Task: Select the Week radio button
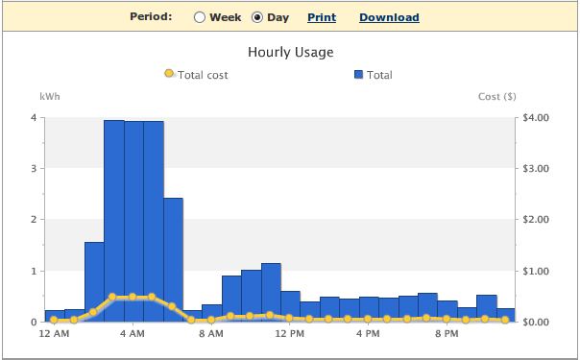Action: [x=200, y=17]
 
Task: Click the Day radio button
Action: [x=257, y=17]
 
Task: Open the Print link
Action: [x=322, y=17]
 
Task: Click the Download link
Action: [x=389, y=17]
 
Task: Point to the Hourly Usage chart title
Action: [x=291, y=52]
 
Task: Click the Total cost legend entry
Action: [x=197, y=75]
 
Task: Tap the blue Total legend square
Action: [x=358, y=75]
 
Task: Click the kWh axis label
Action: [x=50, y=96]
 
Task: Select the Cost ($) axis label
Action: [x=496, y=96]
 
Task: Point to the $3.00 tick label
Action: [x=536, y=169]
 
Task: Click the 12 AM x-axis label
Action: [x=54, y=334]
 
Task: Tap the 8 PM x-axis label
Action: [x=447, y=334]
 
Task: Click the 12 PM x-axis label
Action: [x=290, y=334]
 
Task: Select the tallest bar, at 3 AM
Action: [x=114, y=221]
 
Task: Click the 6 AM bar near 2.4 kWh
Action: [x=173, y=260]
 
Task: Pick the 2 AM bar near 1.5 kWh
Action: [x=94, y=282]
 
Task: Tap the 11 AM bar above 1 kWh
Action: [x=271, y=293]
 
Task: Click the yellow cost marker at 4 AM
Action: [x=133, y=297]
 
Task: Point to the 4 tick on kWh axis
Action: [x=34, y=118]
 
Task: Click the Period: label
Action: [x=151, y=16]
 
